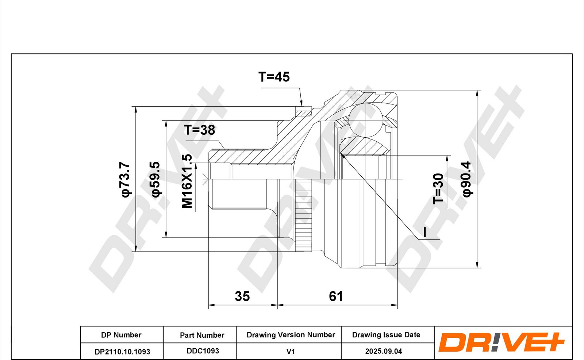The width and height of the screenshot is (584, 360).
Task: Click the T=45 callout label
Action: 274,77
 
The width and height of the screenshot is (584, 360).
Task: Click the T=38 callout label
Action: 199,130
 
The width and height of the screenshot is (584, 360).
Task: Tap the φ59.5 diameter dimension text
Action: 155,179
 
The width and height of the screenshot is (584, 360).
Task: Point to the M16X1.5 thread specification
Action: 187,181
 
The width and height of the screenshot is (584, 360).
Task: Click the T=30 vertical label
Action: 438,188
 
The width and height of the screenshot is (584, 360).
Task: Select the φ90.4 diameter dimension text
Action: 467,179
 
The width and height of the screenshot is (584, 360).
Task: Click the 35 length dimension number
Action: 242,296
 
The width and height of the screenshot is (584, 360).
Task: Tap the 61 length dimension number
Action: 336,296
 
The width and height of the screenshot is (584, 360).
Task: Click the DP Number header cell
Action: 121,335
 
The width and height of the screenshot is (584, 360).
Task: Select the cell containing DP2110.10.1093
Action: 122,352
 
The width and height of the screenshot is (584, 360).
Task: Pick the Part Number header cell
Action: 202,335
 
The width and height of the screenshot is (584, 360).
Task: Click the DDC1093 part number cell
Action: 203,351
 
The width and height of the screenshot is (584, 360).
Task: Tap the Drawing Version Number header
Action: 291,335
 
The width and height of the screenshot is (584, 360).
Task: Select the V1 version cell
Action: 291,352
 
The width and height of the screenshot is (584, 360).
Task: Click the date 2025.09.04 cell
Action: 384,351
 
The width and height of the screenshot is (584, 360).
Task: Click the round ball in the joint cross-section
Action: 366,119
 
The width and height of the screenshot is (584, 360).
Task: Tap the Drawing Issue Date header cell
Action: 386,335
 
